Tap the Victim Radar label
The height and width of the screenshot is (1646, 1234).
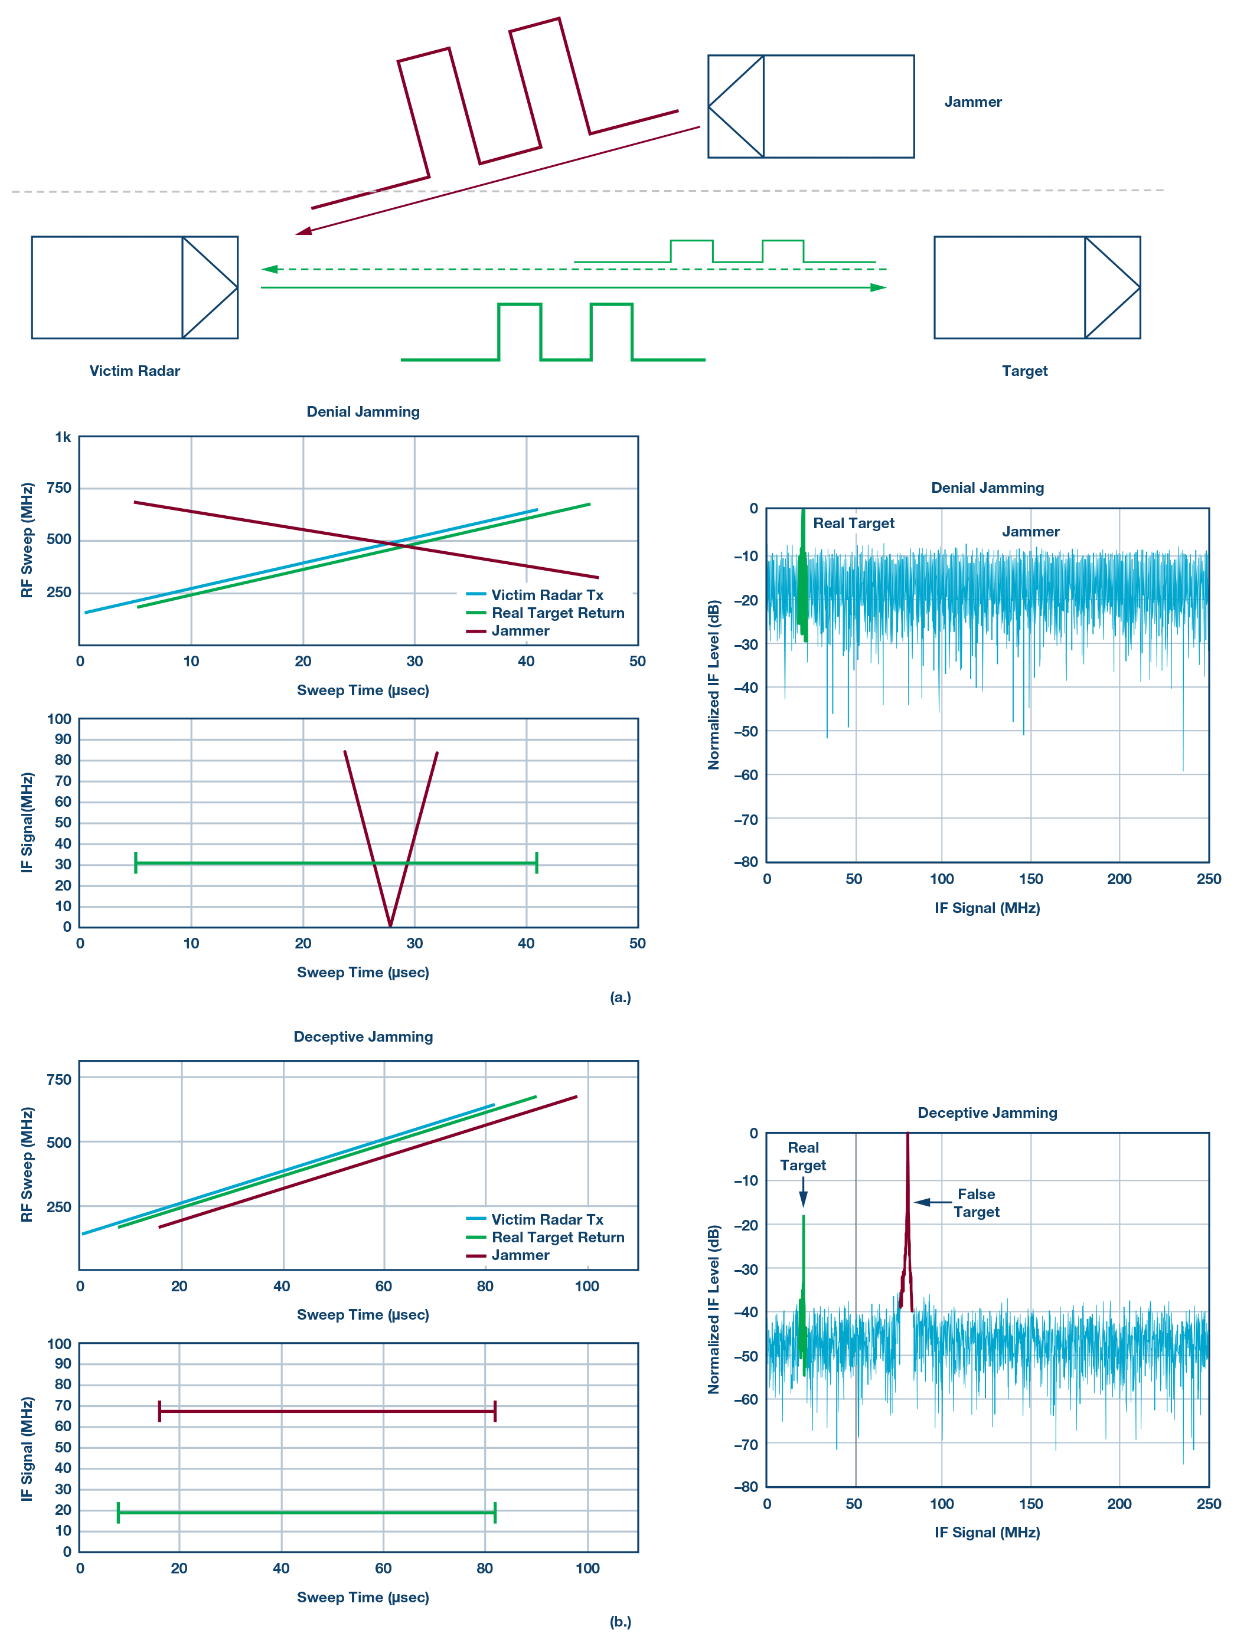click(135, 371)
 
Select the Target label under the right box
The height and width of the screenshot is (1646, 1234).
click(1024, 371)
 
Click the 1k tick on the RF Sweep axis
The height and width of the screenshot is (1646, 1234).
click(63, 437)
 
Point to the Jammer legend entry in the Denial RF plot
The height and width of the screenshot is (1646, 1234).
click(520, 631)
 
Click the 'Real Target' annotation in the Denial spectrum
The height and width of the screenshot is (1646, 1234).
click(853, 523)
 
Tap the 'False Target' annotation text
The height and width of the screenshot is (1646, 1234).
click(977, 1203)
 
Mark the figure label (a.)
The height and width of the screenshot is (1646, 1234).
click(620, 997)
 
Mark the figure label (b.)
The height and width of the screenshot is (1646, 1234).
click(620, 1621)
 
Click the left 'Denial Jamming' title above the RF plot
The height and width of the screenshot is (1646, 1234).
click(363, 411)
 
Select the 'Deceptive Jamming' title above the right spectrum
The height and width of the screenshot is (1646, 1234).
click(987, 1112)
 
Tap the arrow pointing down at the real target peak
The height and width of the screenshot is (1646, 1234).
click(803, 1195)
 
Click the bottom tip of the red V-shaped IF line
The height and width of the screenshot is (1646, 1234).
click(391, 924)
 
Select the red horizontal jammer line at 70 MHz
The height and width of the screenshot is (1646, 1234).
click(328, 1411)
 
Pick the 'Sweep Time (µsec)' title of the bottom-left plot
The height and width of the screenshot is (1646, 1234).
click(363, 1597)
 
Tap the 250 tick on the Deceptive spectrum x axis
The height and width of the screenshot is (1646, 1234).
click(1208, 1504)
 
